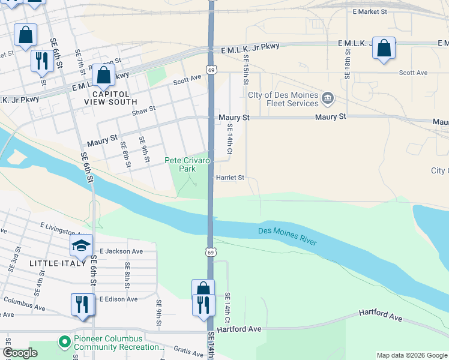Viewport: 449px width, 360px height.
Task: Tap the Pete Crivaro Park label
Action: pyautogui.click(x=188, y=165)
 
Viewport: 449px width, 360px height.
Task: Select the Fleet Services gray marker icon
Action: pyautogui.click(x=328, y=98)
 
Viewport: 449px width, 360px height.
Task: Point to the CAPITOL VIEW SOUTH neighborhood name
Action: pyautogui.click(x=110, y=98)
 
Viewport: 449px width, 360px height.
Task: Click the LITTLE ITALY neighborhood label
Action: pyautogui.click(x=58, y=263)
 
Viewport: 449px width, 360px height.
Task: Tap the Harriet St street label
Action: pyautogui.click(x=230, y=178)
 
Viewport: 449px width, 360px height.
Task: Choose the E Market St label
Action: pyautogui.click(x=370, y=11)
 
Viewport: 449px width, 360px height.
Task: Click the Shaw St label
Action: pyautogui.click(x=143, y=110)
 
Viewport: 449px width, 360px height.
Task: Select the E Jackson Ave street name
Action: pyautogui.click(x=121, y=251)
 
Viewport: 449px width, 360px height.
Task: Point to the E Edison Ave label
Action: pyautogui.click(x=118, y=299)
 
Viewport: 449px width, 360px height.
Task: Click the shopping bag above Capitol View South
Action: pyautogui.click(x=103, y=76)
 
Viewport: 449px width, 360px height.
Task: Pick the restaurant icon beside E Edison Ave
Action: pyautogui.click(x=82, y=304)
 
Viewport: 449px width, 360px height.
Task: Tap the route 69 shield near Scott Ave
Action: pyautogui.click(x=211, y=70)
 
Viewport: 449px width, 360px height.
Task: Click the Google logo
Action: pyautogui.click(x=20, y=353)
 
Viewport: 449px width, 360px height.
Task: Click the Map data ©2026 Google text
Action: pyautogui.click(x=411, y=355)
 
